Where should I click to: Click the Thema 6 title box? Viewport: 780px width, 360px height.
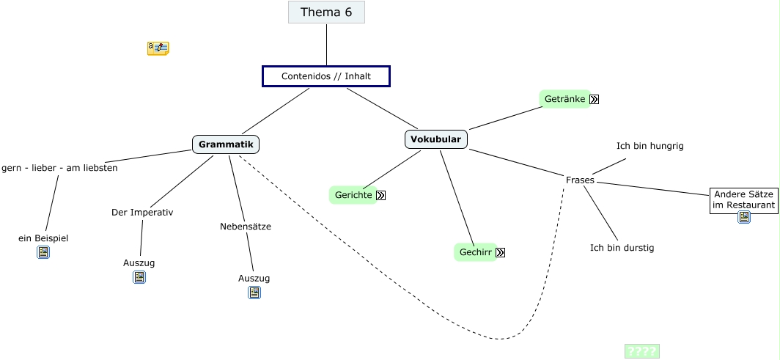click(326, 12)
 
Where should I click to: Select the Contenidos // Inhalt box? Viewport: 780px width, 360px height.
click(326, 76)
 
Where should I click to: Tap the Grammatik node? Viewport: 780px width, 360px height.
click(226, 144)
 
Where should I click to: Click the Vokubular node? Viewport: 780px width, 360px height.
click(435, 139)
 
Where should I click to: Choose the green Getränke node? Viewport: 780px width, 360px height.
click(564, 99)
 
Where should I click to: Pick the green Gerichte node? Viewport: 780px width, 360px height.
click(353, 195)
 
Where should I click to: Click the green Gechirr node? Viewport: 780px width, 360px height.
click(475, 252)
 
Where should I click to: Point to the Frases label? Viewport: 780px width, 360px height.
click(580, 180)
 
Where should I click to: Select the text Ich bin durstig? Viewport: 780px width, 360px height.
click(622, 248)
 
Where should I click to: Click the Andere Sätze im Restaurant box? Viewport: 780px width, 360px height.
click(743, 200)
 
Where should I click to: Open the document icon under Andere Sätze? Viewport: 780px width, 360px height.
click(743, 217)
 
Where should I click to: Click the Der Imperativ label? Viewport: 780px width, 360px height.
click(142, 213)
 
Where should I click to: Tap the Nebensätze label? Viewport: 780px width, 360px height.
click(246, 227)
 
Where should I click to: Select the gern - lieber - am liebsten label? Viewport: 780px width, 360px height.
click(59, 168)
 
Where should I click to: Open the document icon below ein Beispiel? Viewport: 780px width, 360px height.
click(43, 253)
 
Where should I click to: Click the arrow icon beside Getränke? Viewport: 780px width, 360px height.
click(594, 100)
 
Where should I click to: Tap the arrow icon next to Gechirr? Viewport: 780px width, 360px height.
click(501, 253)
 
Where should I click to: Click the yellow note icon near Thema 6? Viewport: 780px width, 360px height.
click(158, 48)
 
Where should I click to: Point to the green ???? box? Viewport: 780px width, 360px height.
click(641, 351)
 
